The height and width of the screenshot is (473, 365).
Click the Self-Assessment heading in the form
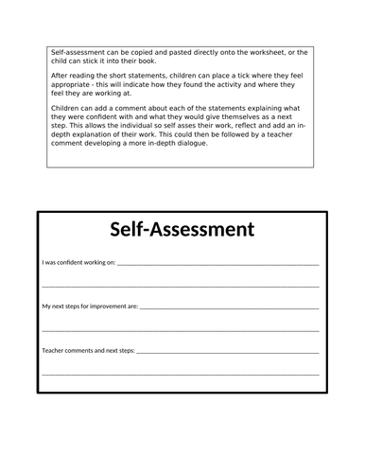point(182,229)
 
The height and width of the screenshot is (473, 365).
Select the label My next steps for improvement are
point(91,307)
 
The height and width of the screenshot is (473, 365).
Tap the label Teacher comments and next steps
point(89,350)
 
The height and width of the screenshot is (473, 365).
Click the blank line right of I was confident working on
point(217,265)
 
